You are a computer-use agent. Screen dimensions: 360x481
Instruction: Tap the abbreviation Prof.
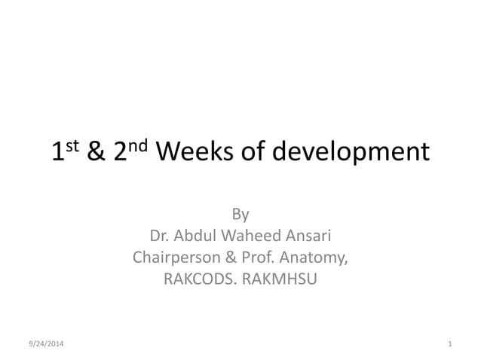(258, 258)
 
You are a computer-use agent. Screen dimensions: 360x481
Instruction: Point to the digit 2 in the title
(120, 153)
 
